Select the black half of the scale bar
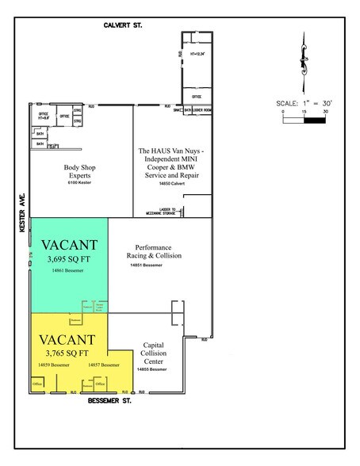coord(315,121)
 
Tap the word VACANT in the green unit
coord(69,244)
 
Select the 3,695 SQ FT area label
coord(69,258)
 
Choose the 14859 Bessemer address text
coord(54,365)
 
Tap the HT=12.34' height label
coord(198,54)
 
